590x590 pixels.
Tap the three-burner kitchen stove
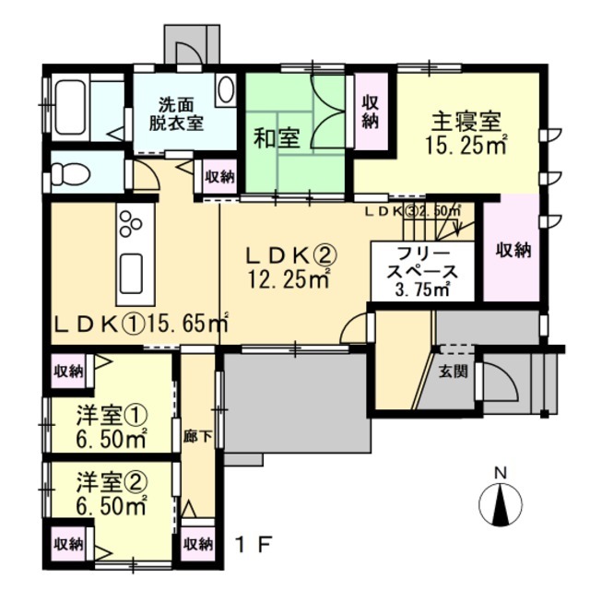(130, 224)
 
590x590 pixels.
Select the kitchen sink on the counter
(130, 271)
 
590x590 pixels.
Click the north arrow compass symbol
(502, 502)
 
